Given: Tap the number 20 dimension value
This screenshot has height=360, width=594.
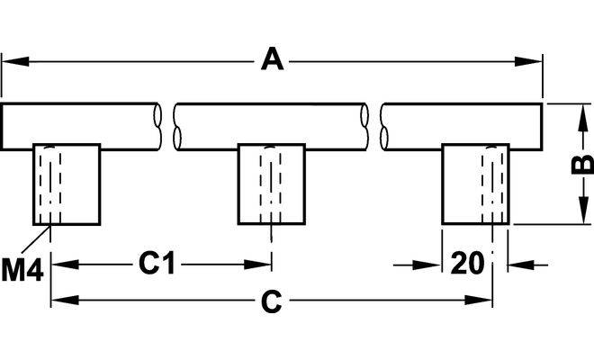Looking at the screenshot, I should tap(467, 264).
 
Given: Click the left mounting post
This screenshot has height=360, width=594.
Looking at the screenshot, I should tap(66, 184).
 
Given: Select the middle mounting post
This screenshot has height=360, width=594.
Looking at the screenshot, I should tap(271, 184).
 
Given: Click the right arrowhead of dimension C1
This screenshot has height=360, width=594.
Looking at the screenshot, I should tap(264, 265).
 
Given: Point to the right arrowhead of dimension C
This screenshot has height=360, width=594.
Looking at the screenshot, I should tap(486, 303).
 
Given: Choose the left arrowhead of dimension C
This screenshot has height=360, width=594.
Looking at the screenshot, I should tap(59, 303).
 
